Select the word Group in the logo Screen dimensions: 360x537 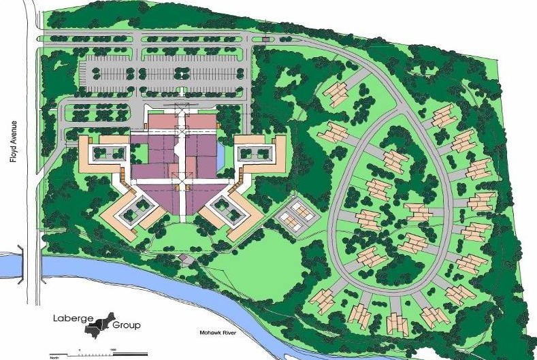click(x=127, y=325)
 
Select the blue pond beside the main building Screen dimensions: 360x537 click(x=221, y=159)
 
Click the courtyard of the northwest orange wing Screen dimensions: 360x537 click(x=109, y=149)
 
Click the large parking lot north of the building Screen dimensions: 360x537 click(x=163, y=72)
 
